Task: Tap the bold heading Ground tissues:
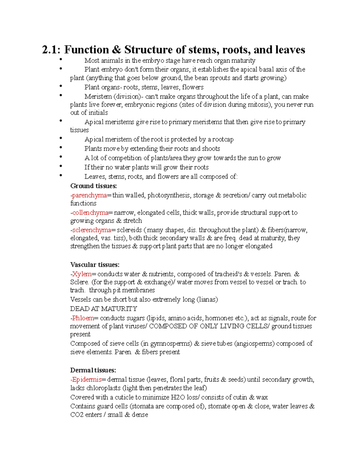tap(93, 186)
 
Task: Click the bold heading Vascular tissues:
tap(95, 265)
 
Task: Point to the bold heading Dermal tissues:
tap(93, 370)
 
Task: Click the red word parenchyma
tap(89, 195)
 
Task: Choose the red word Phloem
tap(83, 318)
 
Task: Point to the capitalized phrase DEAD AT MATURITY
tap(103, 309)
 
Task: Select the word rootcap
tap(223, 140)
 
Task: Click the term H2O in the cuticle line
tap(178, 397)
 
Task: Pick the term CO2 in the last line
tap(77, 415)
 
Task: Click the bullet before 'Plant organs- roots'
tap(61, 86)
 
